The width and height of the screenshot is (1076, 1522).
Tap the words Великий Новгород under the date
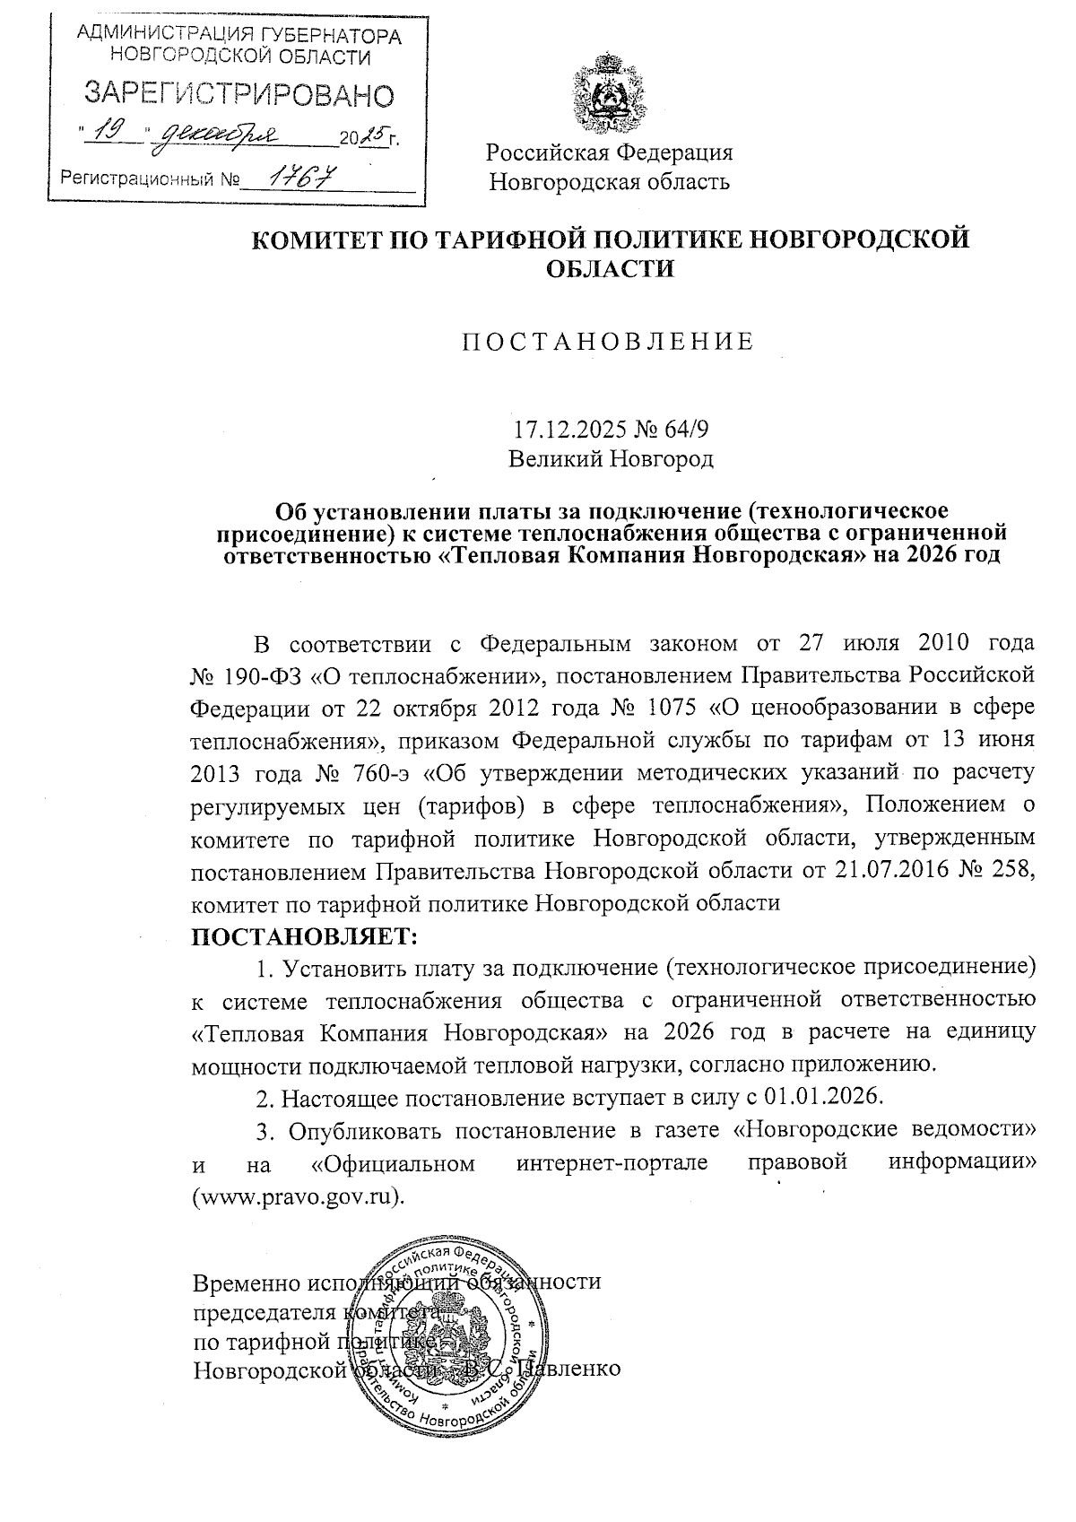point(611,459)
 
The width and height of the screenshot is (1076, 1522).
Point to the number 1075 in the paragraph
point(671,708)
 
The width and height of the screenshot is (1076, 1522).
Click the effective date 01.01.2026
point(822,1098)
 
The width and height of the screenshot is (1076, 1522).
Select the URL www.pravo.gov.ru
point(299,1198)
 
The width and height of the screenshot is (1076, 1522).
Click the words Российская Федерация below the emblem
point(610,152)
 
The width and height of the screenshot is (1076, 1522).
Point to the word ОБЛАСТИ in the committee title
point(609,267)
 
